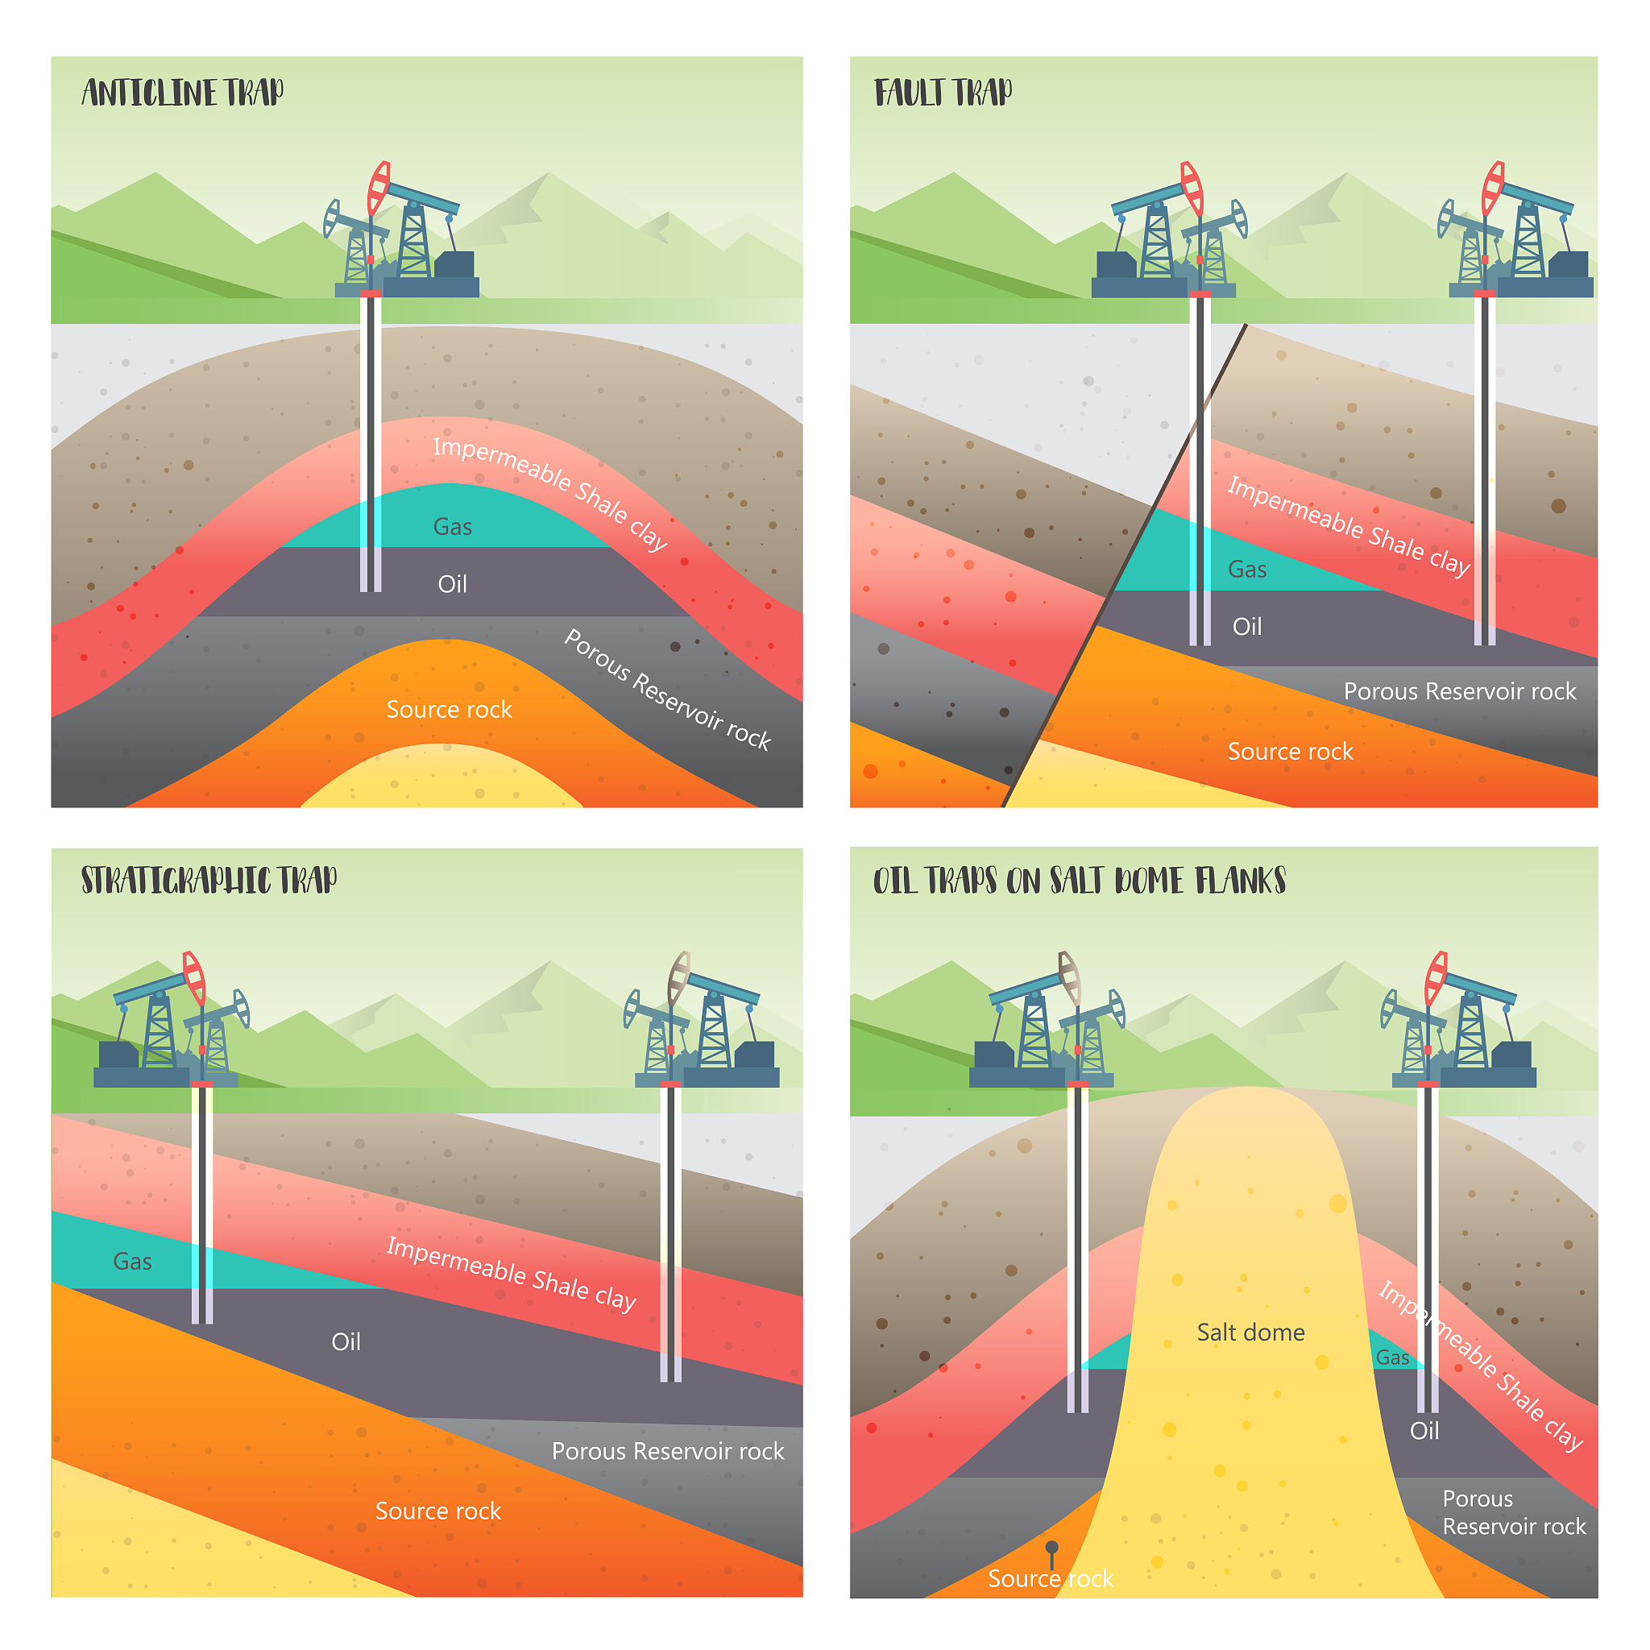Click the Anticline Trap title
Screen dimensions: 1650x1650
(183, 92)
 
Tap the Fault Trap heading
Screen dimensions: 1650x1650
(943, 92)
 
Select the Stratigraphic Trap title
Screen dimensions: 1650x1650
(209, 881)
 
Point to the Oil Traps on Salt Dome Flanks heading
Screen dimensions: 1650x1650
(1080, 881)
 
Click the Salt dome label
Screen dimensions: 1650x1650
(1250, 1333)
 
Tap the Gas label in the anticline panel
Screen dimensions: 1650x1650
(453, 527)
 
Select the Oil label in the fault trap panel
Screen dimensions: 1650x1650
(1247, 627)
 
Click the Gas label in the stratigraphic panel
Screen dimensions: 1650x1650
(132, 1262)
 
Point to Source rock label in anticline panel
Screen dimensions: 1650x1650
(450, 710)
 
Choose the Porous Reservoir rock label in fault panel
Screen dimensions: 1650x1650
(1460, 691)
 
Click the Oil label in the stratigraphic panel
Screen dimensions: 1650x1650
(346, 1341)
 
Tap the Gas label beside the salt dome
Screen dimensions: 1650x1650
(1392, 1358)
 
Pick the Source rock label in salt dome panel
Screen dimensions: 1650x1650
(1051, 1578)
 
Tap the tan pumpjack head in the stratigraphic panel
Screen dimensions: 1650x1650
(679, 977)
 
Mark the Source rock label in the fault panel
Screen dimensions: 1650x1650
(1291, 752)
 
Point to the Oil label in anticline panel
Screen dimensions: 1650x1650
(453, 584)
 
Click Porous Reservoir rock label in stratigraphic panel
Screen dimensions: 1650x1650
(668, 1451)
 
